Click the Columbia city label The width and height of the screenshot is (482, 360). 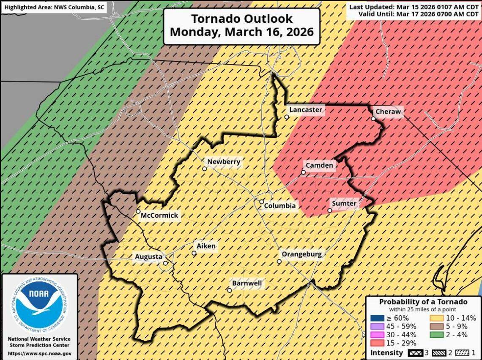point(279,206)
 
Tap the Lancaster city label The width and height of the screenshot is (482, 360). point(305,110)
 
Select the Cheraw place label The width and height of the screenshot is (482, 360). point(388,112)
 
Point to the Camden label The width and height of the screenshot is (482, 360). point(319,165)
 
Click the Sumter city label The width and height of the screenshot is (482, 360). point(344,204)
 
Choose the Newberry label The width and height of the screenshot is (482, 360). point(223,161)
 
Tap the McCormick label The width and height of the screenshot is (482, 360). point(159,215)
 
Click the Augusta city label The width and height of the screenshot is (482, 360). point(148,256)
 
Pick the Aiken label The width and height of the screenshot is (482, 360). point(206,246)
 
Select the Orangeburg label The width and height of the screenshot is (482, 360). point(301,254)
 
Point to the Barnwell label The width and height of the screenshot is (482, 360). point(247,284)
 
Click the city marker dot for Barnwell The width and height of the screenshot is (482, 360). point(229,290)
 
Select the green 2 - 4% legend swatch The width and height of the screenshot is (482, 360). point(437,335)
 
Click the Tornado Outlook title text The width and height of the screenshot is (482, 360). point(241,25)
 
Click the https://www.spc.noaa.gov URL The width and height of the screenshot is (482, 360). point(39,353)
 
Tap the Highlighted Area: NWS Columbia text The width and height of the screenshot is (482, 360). point(54,7)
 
